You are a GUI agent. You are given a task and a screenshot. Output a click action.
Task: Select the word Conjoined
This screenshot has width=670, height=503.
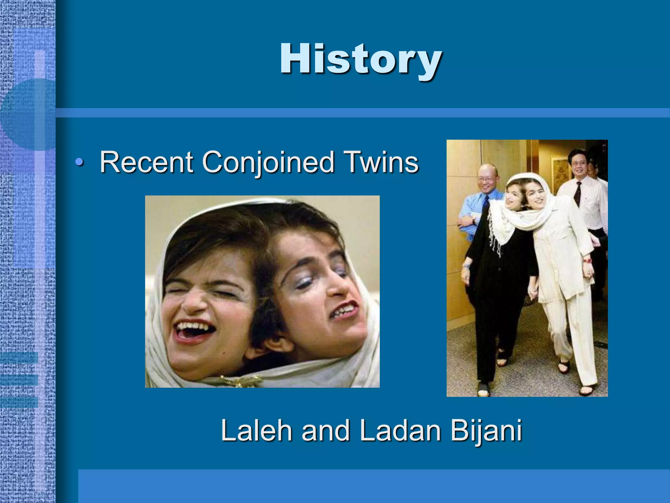coord(268,162)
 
